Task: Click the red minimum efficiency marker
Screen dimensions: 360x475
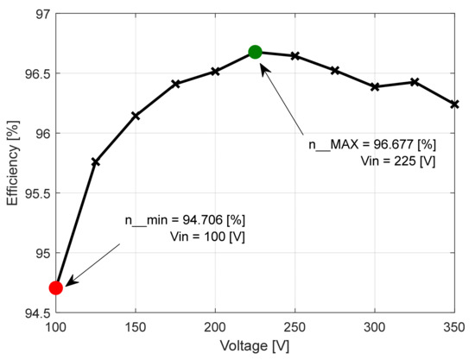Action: pos(56,287)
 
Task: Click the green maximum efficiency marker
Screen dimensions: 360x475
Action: pos(255,52)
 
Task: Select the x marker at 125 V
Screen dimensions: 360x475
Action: pos(96,161)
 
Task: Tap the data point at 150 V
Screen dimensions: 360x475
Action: pos(136,116)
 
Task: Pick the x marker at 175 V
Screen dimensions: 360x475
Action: pos(175,84)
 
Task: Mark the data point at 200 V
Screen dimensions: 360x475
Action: pos(215,71)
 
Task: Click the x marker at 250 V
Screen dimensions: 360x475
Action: pos(295,56)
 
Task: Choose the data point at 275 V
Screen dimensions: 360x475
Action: pos(335,71)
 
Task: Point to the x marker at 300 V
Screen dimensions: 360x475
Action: pos(375,86)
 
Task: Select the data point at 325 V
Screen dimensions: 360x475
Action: pos(415,82)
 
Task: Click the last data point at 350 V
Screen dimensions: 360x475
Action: pos(454,104)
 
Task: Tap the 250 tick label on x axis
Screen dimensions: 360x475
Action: pos(295,326)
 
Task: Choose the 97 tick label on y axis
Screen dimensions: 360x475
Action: pos(41,14)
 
